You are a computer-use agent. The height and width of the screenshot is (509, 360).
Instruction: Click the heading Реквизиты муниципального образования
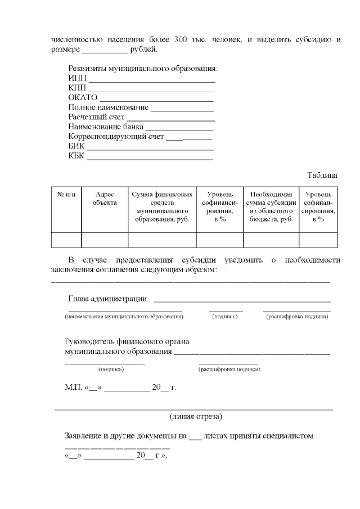click(143, 69)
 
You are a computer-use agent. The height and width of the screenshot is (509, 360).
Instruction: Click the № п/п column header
click(66, 194)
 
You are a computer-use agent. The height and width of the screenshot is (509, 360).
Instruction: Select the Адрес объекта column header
click(105, 198)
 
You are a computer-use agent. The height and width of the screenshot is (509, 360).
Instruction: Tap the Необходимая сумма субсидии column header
click(271, 206)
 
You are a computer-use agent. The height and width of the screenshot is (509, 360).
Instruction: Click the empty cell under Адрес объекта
click(105, 240)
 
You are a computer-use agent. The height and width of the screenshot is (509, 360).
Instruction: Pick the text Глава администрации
click(107, 299)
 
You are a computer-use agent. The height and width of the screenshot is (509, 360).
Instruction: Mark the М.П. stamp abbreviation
click(73, 388)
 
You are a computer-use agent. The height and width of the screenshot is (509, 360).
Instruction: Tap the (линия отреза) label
click(196, 417)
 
